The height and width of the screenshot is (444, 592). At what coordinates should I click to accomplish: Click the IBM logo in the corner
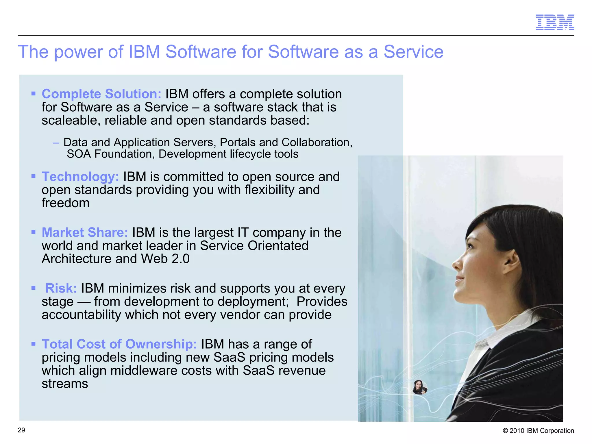pos(555,22)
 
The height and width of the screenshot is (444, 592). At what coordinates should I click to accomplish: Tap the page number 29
pos(21,430)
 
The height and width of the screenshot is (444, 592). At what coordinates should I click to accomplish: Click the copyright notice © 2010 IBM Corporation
pos(538,431)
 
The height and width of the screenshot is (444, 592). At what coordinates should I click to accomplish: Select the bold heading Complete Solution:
pos(101,94)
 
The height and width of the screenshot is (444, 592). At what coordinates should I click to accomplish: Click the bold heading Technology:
pos(80,177)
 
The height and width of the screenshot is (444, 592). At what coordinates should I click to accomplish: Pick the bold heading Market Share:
pos(85,232)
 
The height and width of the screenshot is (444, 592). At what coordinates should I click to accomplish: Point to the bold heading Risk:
pos(61,288)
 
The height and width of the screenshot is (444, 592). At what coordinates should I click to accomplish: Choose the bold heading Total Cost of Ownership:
pos(119,344)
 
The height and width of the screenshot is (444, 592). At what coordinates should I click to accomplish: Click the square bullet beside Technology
pos(34,176)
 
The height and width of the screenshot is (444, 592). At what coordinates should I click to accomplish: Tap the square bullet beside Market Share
pos(34,232)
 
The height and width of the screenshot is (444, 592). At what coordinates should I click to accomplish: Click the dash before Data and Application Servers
pos(56,142)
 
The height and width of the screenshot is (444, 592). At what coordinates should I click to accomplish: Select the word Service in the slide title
pos(413,52)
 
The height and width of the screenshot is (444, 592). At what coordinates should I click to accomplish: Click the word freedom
pos(66,203)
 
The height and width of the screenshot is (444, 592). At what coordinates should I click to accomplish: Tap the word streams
pos(65,384)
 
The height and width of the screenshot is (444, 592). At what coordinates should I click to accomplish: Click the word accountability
pos(81,314)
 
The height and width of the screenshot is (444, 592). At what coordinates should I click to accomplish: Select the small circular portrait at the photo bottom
pos(419,387)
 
